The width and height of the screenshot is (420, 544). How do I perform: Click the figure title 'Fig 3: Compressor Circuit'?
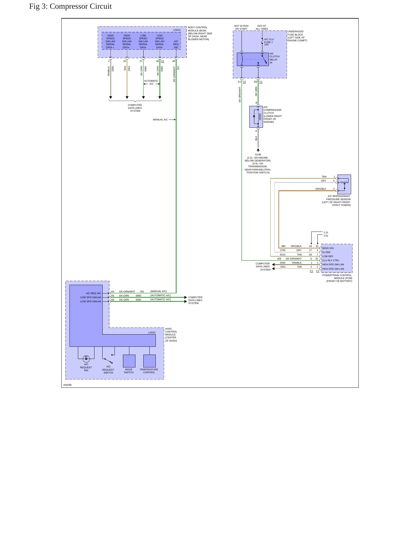70,6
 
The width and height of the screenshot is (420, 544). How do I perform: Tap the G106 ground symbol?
258,150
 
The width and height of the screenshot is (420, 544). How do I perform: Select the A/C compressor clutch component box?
256,117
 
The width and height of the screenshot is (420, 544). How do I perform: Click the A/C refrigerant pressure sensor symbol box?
344,184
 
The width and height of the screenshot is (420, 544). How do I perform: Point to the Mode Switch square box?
129,361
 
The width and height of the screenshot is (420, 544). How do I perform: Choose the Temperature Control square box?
149,361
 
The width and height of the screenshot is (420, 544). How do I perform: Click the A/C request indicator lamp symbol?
86,359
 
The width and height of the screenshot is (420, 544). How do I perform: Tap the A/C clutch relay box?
253,59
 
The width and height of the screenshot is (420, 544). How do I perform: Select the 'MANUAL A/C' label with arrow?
164,120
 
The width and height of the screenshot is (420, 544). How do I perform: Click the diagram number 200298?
67,385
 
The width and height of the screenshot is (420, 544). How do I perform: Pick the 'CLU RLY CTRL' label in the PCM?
330,260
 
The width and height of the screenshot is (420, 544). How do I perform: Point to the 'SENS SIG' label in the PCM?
328,248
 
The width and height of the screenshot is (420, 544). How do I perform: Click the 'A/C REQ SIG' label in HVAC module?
93,293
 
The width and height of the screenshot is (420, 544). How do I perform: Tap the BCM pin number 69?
174,61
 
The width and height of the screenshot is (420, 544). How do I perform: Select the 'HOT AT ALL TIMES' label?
262,27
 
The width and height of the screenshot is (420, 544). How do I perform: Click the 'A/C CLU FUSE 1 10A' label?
269,42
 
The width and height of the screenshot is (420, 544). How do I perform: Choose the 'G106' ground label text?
258,155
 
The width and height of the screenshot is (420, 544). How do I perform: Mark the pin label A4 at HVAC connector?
113,291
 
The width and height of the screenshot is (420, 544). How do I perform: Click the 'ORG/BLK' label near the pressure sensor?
321,189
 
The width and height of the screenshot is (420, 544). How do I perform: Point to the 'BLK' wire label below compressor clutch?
256,138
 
